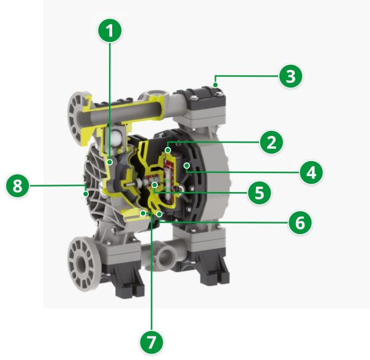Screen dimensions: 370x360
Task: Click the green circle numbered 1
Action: click(110, 31)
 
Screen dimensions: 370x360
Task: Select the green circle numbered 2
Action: click(271, 142)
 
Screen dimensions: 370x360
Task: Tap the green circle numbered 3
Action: click(290, 76)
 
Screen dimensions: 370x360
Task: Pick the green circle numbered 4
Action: click(311, 172)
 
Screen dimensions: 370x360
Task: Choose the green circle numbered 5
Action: click(260, 193)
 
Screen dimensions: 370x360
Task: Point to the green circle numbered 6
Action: click(300, 222)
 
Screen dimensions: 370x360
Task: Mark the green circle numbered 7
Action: click(152, 342)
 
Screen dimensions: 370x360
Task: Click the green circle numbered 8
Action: click(18, 186)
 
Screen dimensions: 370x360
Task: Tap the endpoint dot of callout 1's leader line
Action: click(110, 162)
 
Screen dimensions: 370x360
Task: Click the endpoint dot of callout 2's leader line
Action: click(168, 150)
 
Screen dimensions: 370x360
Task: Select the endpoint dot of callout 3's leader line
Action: click(215, 85)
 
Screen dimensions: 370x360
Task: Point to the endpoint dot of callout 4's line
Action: click(187, 165)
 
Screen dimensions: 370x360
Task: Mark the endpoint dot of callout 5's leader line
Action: click(155, 185)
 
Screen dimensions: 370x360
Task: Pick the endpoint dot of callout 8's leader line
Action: click(86, 194)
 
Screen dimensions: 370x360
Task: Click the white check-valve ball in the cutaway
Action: click(117, 136)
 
